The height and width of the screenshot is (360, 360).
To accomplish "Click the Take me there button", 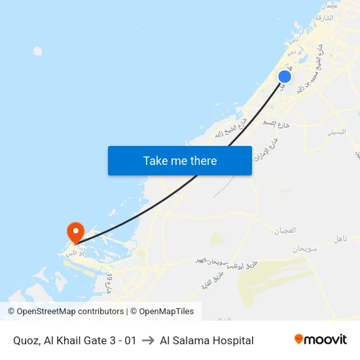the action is [x=180, y=160].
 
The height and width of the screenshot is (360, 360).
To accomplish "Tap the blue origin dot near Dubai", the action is [x=285, y=77].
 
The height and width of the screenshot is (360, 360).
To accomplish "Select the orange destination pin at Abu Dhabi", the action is [x=75, y=232].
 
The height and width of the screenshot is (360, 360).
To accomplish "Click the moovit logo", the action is [x=321, y=340].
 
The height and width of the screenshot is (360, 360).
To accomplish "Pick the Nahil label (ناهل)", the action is [x=341, y=240].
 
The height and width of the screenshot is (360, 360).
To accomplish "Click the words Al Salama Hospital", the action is [x=207, y=340].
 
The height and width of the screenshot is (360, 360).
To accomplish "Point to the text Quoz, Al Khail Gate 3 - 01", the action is [x=75, y=340].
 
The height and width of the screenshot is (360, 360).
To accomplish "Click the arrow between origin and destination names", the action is [x=148, y=340].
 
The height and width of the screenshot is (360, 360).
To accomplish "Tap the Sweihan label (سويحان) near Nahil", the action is [x=305, y=248].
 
